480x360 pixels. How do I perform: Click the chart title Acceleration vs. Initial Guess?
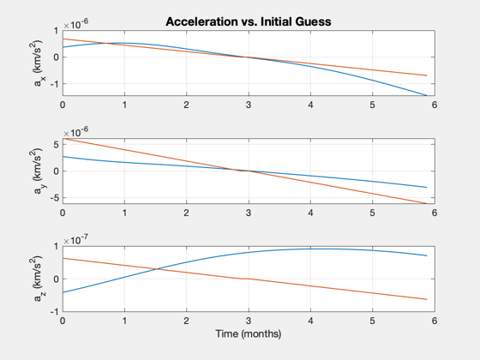(x=249, y=21)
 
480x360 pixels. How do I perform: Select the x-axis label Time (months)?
(x=249, y=333)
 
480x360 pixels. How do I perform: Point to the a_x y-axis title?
(x=38, y=63)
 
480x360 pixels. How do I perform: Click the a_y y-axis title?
(x=38, y=171)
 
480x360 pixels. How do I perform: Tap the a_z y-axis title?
(x=38, y=279)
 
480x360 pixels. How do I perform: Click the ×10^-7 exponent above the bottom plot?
(x=76, y=240)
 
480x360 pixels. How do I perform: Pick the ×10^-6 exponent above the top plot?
(x=76, y=24)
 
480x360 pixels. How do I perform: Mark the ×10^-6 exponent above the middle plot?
(x=76, y=132)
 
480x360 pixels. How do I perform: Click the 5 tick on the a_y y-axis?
(x=56, y=145)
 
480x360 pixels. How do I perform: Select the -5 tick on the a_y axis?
(x=54, y=198)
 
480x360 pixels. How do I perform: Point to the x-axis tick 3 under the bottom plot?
(x=249, y=321)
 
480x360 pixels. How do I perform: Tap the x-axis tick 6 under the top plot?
(x=435, y=105)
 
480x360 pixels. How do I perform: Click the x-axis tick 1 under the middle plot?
(x=124, y=213)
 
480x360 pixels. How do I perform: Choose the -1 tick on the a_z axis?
(x=54, y=312)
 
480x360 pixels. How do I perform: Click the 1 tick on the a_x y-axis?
(x=56, y=31)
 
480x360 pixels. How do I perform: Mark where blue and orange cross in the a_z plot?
(x=157, y=269)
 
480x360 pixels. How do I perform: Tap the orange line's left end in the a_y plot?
(x=63, y=139)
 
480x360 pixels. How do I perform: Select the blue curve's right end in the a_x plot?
(x=427, y=95)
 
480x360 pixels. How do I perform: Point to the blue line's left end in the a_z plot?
(x=63, y=292)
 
